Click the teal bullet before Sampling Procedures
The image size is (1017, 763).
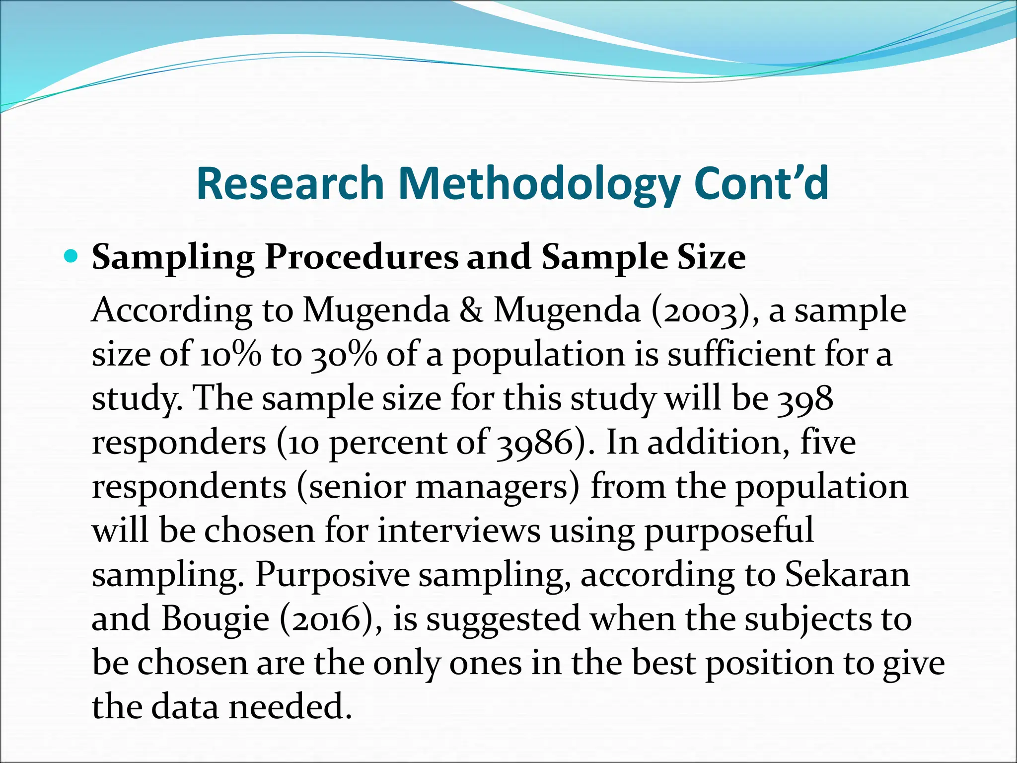pos(73,257)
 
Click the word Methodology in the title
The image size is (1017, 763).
pos(539,183)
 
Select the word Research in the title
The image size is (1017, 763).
pos(291,183)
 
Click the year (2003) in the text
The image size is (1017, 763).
pos(705,311)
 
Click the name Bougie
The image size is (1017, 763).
pos(215,619)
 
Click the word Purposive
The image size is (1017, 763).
pos(332,575)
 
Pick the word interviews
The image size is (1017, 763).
pos(459,531)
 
